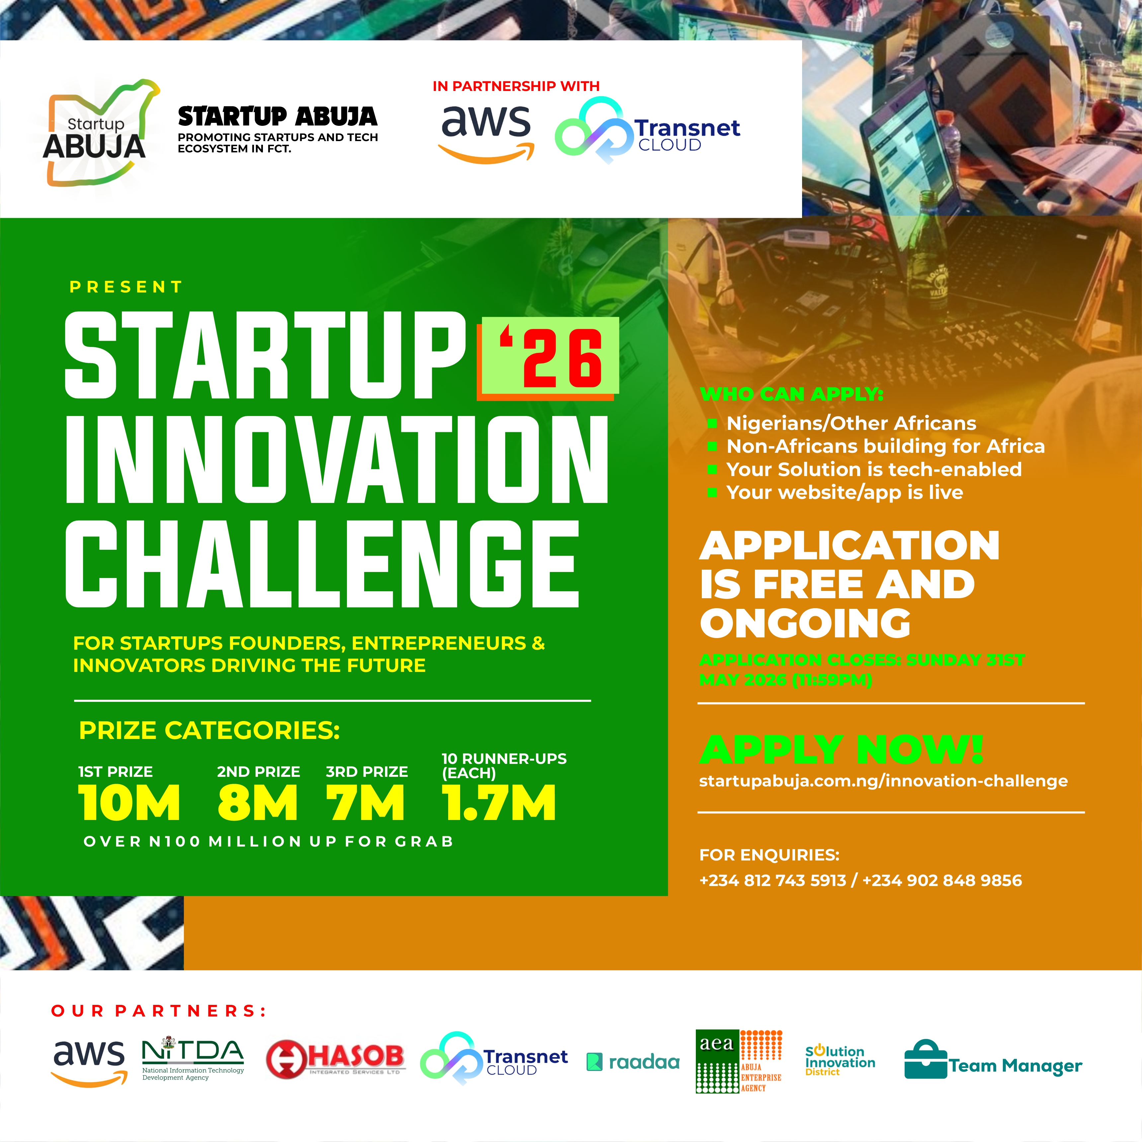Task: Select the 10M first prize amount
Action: pos(129,803)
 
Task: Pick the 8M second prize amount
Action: pos(257,803)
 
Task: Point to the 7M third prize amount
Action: pos(365,803)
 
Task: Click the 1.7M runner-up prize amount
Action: pos(498,803)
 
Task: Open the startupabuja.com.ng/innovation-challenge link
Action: pos(883,781)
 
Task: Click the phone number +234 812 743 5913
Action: pos(773,880)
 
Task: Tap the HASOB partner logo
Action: pos(335,1058)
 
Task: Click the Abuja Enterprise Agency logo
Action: pos(739,1061)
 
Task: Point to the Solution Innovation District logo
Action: pos(839,1061)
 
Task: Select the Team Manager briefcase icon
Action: pos(926,1060)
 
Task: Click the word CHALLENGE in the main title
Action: pos(322,564)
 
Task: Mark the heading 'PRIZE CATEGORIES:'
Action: pos(209,731)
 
